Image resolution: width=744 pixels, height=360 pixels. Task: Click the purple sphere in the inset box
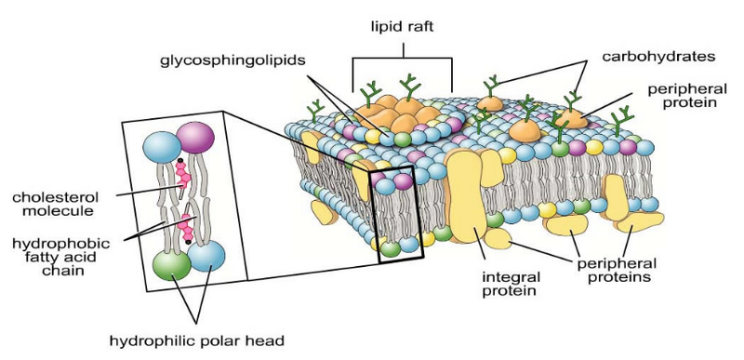tap(197, 142)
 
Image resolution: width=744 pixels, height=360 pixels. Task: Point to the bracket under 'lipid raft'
tap(402, 61)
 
